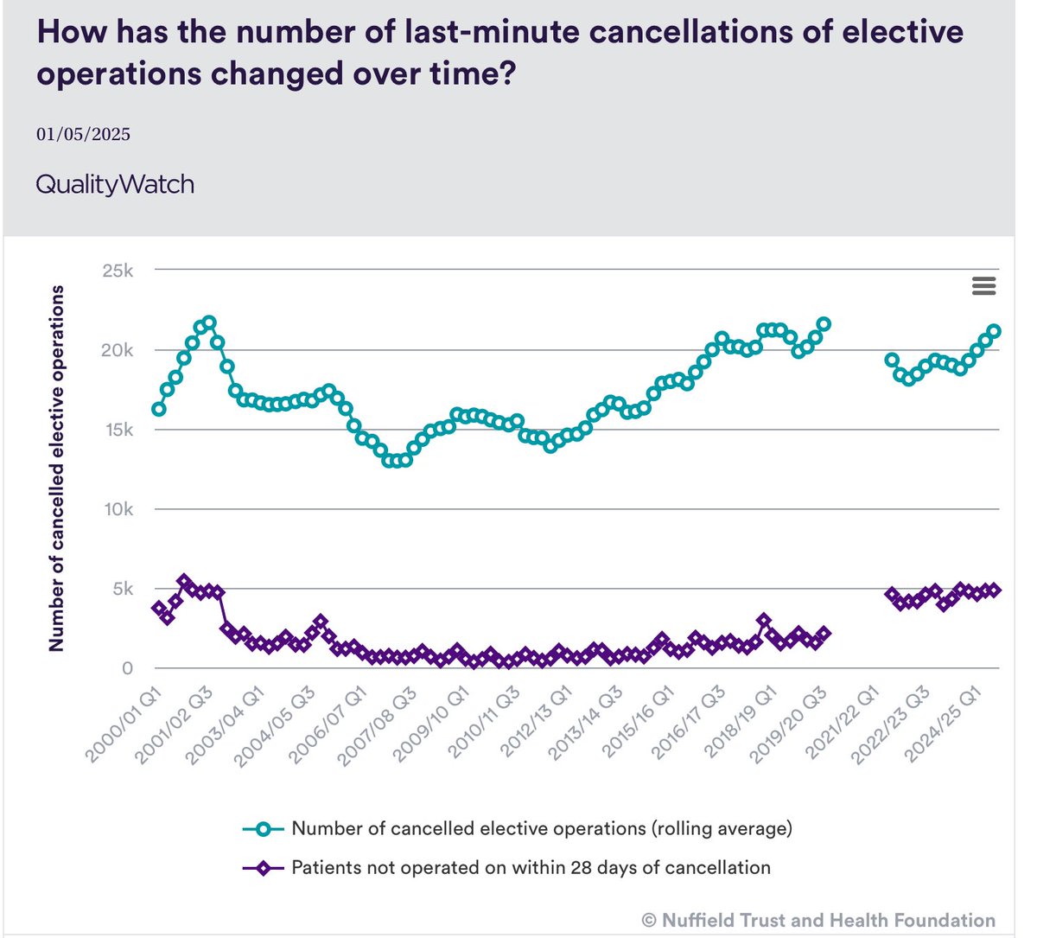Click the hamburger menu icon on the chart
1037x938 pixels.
pos(983,286)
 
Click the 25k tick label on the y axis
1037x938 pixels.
pos(117,271)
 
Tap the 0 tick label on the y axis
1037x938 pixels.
pos(127,668)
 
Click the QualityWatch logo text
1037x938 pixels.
pos(115,184)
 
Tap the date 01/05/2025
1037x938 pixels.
pos(83,134)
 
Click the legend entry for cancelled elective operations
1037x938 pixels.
pos(541,828)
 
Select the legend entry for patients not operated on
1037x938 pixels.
pos(530,867)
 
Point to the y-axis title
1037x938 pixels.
pos(57,468)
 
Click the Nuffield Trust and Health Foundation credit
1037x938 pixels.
pos(818,920)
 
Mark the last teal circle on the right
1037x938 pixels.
pos(994,331)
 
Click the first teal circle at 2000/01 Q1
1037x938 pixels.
pos(159,409)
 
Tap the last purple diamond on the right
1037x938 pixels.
pos(994,590)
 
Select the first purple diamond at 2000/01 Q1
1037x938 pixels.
pos(159,609)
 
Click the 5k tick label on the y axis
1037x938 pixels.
pos(122,589)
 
